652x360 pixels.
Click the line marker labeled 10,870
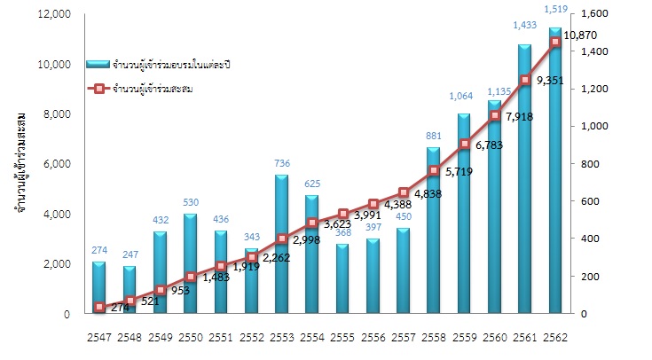(555, 42)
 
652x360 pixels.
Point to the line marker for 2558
(434, 170)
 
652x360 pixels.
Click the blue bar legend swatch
(97, 65)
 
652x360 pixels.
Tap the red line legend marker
(98, 88)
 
